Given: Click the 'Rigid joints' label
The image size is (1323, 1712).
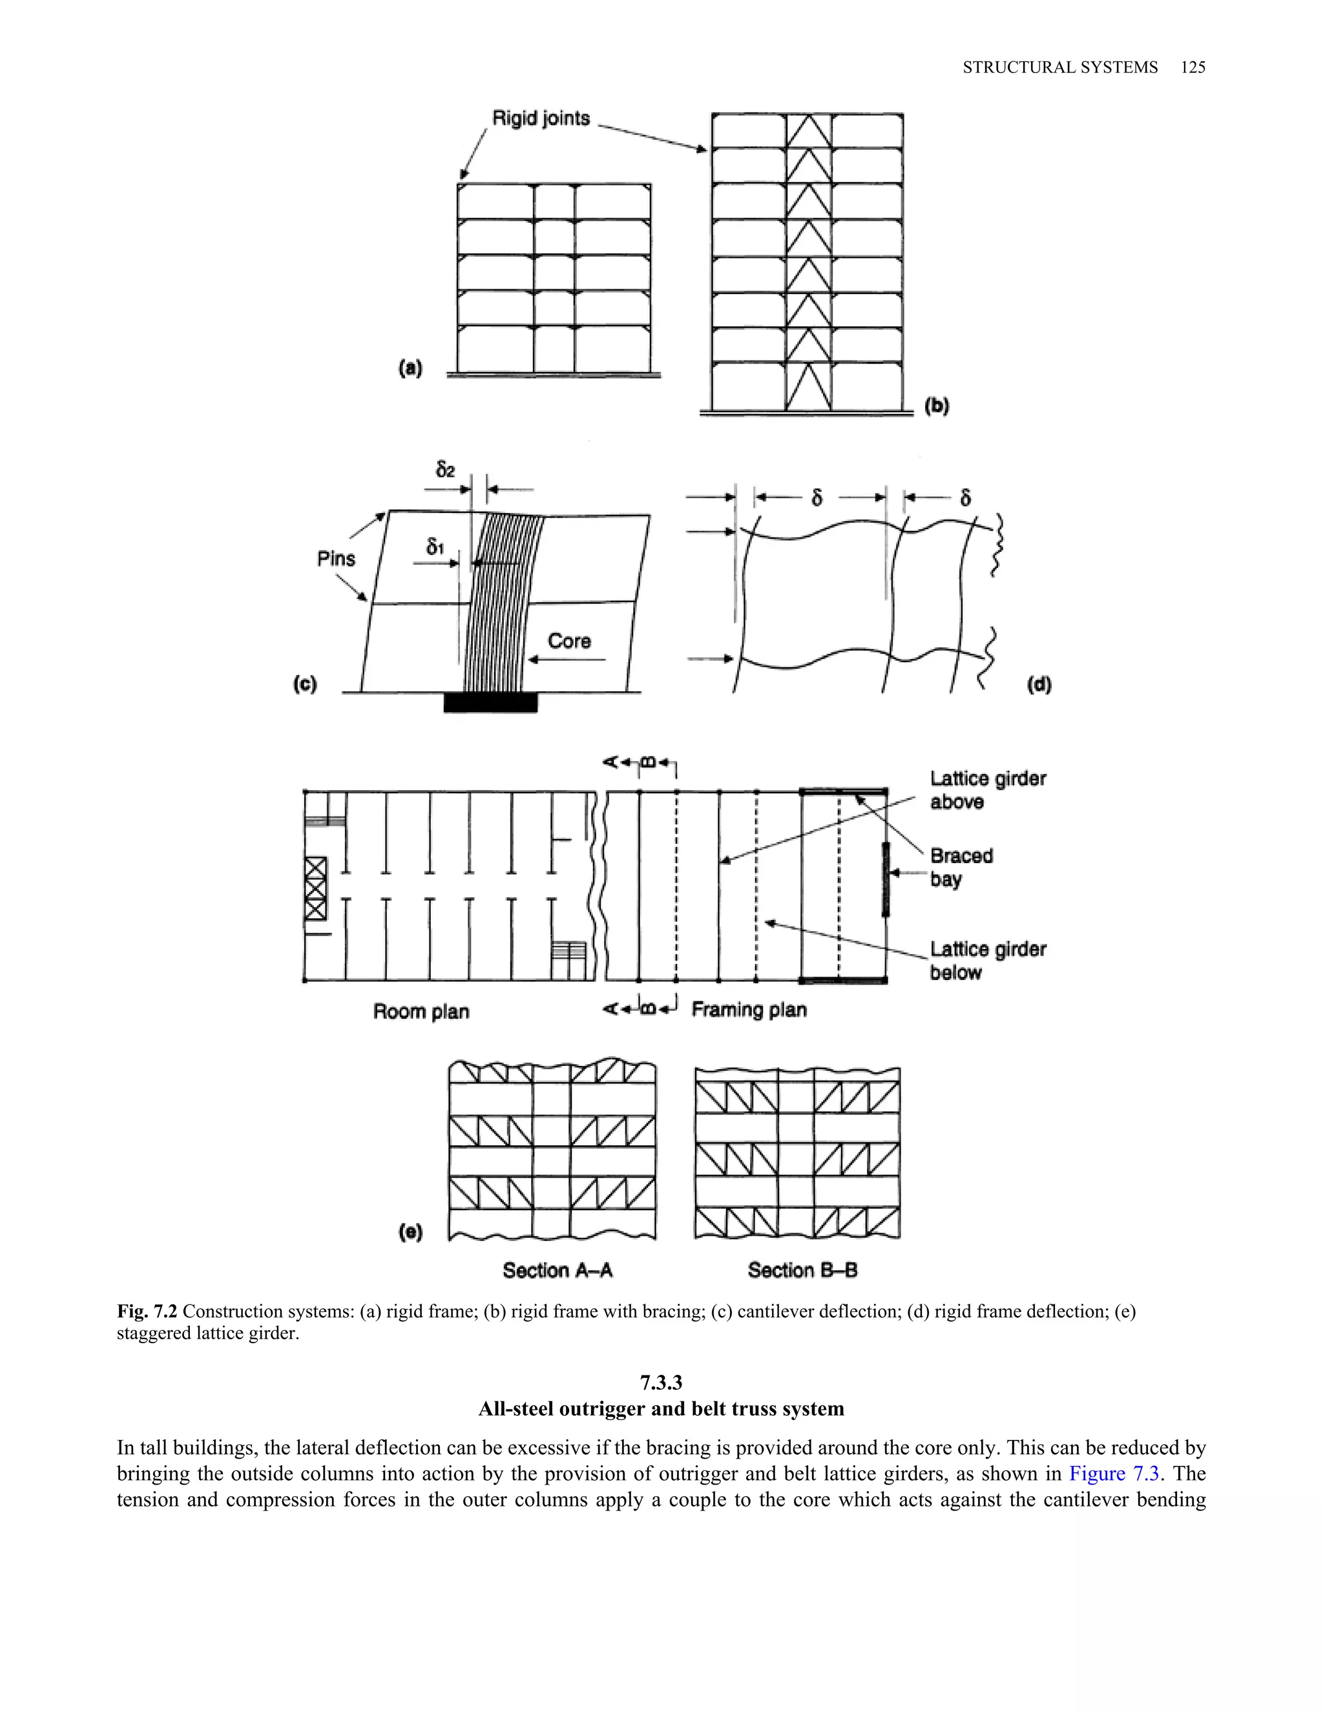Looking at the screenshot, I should pyautogui.click(x=540, y=118).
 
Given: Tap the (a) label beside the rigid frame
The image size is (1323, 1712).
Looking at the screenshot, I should pyautogui.click(x=410, y=368).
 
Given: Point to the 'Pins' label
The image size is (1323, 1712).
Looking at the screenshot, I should pyautogui.click(x=336, y=558).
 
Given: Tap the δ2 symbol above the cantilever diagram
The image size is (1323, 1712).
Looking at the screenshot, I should pyautogui.click(x=445, y=469).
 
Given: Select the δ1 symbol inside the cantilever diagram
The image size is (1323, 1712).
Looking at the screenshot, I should pyautogui.click(x=435, y=547).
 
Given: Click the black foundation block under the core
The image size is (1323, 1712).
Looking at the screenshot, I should pyautogui.click(x=491, y=702).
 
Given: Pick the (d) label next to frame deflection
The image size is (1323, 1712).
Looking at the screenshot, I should pyautogui.click(x=1039, y=684).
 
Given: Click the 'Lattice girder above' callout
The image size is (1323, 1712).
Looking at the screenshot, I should pyautogui.click(x=988, y=789).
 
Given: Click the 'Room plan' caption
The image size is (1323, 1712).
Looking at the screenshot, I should pyautogui.click(x=421, y=1011).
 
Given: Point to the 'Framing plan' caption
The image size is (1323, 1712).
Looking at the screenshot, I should pyautogui.click(x=749, y=1009).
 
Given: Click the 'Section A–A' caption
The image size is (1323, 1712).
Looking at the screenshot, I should pyautogui.click(x=557, y=1270).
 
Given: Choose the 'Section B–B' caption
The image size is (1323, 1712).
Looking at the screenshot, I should pyautogui.click(x=802, y=1270).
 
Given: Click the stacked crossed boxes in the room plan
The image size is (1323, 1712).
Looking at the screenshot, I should pyautogui.click(x=315, y=888).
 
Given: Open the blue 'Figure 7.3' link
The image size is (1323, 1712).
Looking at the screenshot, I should pyautogui.click(x=1114, y=1474).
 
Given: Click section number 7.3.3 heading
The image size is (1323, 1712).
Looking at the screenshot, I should pyautogui.click(x=661, y=1382).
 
